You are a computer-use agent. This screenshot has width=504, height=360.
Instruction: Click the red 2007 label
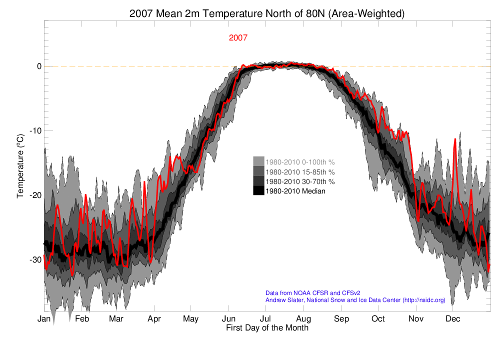238,38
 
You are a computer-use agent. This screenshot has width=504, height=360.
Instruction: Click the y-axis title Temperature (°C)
20,165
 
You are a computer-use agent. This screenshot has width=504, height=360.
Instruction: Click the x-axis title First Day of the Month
267,328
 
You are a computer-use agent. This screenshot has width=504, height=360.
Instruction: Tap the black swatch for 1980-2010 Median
258,190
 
